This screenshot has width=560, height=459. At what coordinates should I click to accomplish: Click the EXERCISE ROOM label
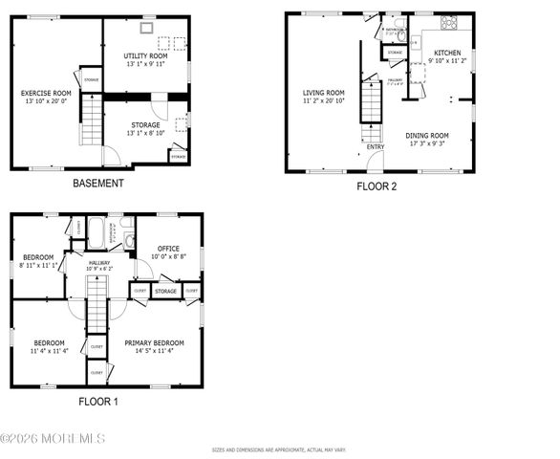[x=47, y=93]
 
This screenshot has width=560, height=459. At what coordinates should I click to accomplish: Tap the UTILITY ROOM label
[x=145, y=56]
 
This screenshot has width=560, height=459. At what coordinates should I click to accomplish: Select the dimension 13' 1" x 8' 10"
[x=145, y=133]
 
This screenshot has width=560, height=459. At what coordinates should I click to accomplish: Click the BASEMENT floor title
[x=97, y=183]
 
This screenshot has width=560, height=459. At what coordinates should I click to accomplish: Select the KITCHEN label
[x=447, y=53]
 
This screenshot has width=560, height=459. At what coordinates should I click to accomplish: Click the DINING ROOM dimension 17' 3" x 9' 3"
[x=426, y=142]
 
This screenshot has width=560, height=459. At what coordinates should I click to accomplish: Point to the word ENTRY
[x=375, y=147]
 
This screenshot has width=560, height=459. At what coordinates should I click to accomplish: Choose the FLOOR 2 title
[x=377, y=186]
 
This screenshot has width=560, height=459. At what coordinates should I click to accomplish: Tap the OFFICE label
[x=168, y=249]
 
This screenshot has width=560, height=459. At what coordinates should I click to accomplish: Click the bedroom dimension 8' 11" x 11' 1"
[x=39, y=265]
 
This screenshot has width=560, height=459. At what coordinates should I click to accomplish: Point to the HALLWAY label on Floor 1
[x=99, y=262]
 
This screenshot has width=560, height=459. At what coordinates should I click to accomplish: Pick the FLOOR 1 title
[x=97, y=402]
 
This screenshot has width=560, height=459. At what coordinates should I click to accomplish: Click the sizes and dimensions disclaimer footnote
[x=280, y=448]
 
